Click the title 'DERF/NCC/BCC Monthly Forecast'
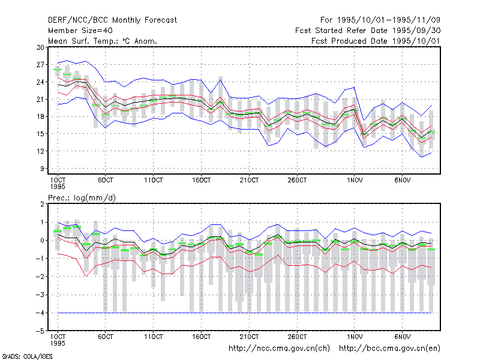pyautogui.click(x=112, y=20)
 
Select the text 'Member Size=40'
pyautogui.click(x=80, y=31)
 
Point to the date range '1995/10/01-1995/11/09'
pyautogui.click(x=389, y=20)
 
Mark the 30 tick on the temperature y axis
pyautogui.click(x=40, y=47)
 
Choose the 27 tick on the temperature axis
pyautogui.click(x=40, y=65)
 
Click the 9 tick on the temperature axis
pyautogui.click(x=42, y=169)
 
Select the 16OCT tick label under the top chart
pyautogui.click(x=202, y=180)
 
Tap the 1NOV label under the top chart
pyautogui.click(x=355, y=180)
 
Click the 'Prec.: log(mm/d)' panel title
pyautogui.click(x=82, y=198)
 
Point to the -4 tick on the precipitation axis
pyautogui.click(x=40, y=313)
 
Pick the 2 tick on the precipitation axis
pyautogui.click(x=42, y=204)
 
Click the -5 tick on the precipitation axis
pyautogui.click(x=40, y=331)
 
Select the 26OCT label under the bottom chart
pyautogui.click(x=297, y=337)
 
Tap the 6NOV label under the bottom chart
pyautogui.click(x=402, y=337)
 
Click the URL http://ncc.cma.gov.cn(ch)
pyautogui.click(x=280, y=349)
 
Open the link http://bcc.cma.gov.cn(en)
pyautogui.click(x=389, y=349)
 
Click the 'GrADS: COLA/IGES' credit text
pyautogui.click(x=27, y=356)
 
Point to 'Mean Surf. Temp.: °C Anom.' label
pyautogui.click(x=103, y=41)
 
